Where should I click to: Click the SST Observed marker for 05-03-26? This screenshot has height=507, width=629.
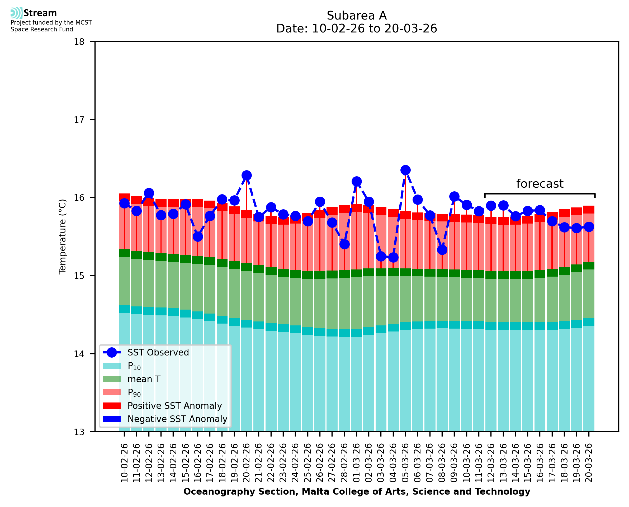click(x=405, y=170)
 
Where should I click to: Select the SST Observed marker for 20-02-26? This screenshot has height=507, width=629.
click(x=247, y=175)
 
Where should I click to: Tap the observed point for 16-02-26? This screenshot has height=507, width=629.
click(x=198, y=236)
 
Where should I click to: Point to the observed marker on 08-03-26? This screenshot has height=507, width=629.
click(x=442, y=250)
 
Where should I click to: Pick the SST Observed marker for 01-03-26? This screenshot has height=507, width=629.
click(x=357, y=181)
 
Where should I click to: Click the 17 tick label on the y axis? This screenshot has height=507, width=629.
click(x=79, y=120)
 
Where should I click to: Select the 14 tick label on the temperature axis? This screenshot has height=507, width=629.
click(x=79, y=354)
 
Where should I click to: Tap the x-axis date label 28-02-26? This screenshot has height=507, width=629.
click(x=344, y=463)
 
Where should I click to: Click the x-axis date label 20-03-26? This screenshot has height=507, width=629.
click(x=589, y=463)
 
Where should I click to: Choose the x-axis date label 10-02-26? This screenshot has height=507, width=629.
click(x=124, y=463)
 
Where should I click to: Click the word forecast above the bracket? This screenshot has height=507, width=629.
click(x=540, y=184)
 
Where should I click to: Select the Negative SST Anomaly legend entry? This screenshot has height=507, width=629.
click(x=177, y=419)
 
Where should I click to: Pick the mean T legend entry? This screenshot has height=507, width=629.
click(x=144, y=379)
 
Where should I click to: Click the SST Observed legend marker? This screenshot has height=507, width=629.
click(x=112, y=353)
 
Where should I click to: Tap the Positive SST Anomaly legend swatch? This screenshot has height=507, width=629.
click(x=112, y=406)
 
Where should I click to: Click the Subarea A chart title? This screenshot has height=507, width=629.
click(x=357, y=16)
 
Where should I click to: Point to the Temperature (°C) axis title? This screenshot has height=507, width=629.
click(x=63, y=236)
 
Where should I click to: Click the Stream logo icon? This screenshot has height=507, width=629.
click(x=16, y=13)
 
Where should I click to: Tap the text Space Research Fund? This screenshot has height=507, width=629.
click(x=42, y=29)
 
